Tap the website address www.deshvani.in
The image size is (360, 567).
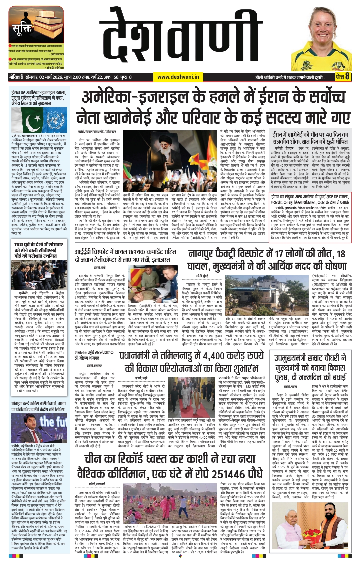click(178, 77)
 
